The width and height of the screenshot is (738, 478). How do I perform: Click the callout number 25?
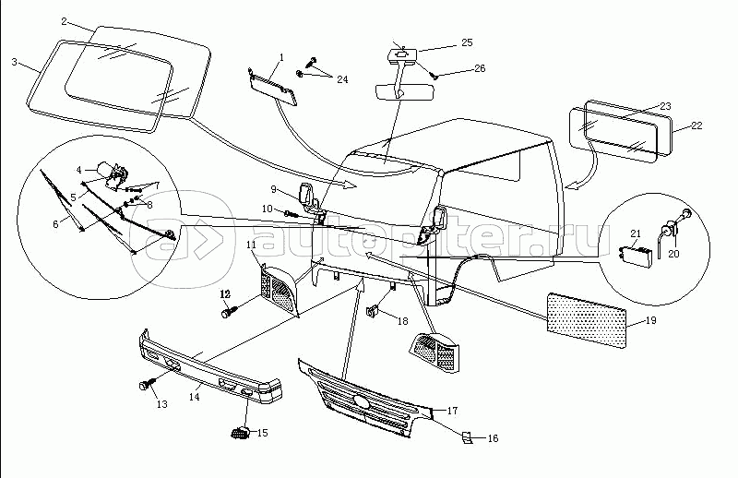click(466, 42)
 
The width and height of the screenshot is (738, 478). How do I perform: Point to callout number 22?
click(696, 125)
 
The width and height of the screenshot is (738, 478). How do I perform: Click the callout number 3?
click(15, 63)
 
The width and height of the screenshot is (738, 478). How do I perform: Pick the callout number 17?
click(452, 409)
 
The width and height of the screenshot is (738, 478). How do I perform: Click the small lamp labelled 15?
click(239, 431)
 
